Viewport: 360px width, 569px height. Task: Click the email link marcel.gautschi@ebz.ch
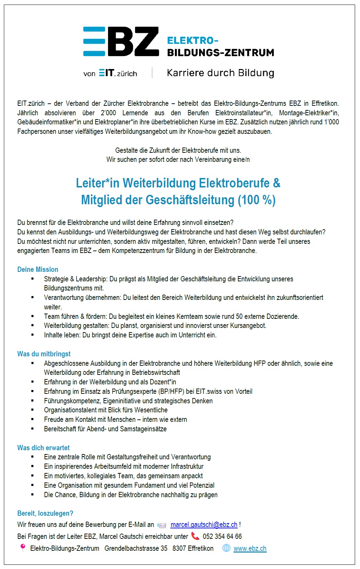204,525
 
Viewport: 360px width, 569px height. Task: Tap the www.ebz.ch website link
250,548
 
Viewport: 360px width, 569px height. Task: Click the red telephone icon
195,536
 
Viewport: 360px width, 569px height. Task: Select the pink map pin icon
23,547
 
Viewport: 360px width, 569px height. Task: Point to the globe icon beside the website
226,548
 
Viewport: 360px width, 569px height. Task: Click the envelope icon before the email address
162,525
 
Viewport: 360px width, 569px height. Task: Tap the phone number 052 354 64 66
222,536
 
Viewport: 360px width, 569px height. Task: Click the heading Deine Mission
38,269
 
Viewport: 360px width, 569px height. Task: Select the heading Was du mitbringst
44,354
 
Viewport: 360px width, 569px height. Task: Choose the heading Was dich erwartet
43,448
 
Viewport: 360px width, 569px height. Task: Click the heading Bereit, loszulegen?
45,513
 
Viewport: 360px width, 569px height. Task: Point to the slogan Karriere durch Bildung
220,73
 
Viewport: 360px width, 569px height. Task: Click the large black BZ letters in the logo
133,41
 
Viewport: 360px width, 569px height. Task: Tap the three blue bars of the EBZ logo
94,41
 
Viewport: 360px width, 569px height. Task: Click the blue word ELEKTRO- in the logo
192,41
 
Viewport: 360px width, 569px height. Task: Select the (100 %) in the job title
257,200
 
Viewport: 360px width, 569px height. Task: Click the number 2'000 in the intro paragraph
108,113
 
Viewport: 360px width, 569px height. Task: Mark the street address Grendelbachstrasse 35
136,548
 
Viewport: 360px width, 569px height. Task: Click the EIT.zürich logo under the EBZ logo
118,73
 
